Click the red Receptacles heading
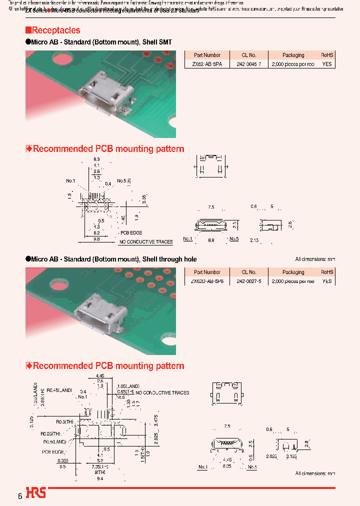55,30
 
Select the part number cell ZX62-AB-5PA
207,64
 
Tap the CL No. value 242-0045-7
248,64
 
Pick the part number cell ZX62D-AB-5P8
207,281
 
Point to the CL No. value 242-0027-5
248,281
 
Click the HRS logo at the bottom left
36,493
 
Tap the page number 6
20,496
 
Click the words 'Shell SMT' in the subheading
157,42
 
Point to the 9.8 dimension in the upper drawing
96,239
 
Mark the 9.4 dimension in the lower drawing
99,478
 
